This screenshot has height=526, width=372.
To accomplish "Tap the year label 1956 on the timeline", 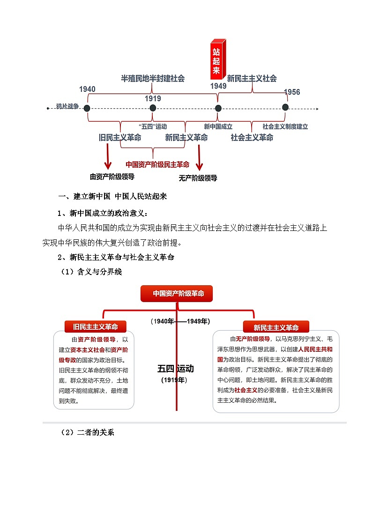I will coord(292,92).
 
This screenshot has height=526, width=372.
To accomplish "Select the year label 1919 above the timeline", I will coord(153,98).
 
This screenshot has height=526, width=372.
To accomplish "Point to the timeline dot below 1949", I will coord(218,108).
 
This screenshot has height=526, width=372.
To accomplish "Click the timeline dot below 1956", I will coord(285,107).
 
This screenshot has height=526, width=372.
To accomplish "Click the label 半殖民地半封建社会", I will coord(153,78).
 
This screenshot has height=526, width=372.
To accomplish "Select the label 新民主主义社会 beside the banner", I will coord(252,78).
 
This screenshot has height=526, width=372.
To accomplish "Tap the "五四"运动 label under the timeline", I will coord(153,126).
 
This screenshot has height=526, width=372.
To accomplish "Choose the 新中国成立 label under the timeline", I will coord(218,126).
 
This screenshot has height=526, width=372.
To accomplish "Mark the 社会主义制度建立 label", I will coord(285,126).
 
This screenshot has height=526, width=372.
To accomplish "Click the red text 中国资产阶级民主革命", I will coord(157,164).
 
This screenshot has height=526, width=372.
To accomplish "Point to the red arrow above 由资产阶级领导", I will coord(108,157).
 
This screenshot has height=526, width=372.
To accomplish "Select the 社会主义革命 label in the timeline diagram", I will coord(252,138).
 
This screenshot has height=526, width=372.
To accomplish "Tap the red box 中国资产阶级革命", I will coord(177,294).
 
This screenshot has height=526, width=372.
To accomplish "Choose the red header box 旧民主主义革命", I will coord(95,326).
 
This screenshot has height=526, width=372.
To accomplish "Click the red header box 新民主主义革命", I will coord(276,327).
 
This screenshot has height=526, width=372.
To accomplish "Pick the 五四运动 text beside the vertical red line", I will coord(175,369).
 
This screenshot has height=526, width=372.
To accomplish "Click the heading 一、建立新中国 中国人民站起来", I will coord(112,196).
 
